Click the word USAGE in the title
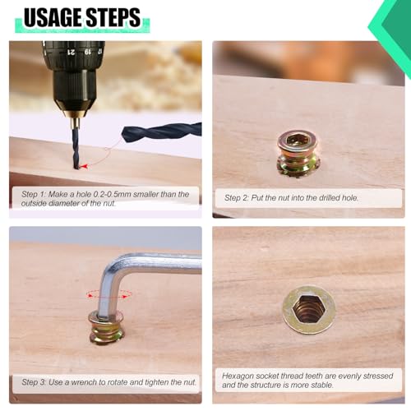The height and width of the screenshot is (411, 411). click(53, 17)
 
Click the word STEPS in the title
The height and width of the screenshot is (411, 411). click(113, 17)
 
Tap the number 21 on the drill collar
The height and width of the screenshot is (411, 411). click(72, 52)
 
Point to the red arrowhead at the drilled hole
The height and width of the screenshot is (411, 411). click(85, 166)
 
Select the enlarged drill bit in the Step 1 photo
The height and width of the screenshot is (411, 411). click(162, 132)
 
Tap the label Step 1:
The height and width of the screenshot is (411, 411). click(34, 195)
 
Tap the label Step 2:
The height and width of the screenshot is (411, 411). click(237, 198)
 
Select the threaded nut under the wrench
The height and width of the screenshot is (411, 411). click(106, 328)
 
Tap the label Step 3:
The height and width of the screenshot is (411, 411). click(34, 382)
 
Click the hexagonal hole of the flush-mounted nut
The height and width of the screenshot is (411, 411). click(309, 310)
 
